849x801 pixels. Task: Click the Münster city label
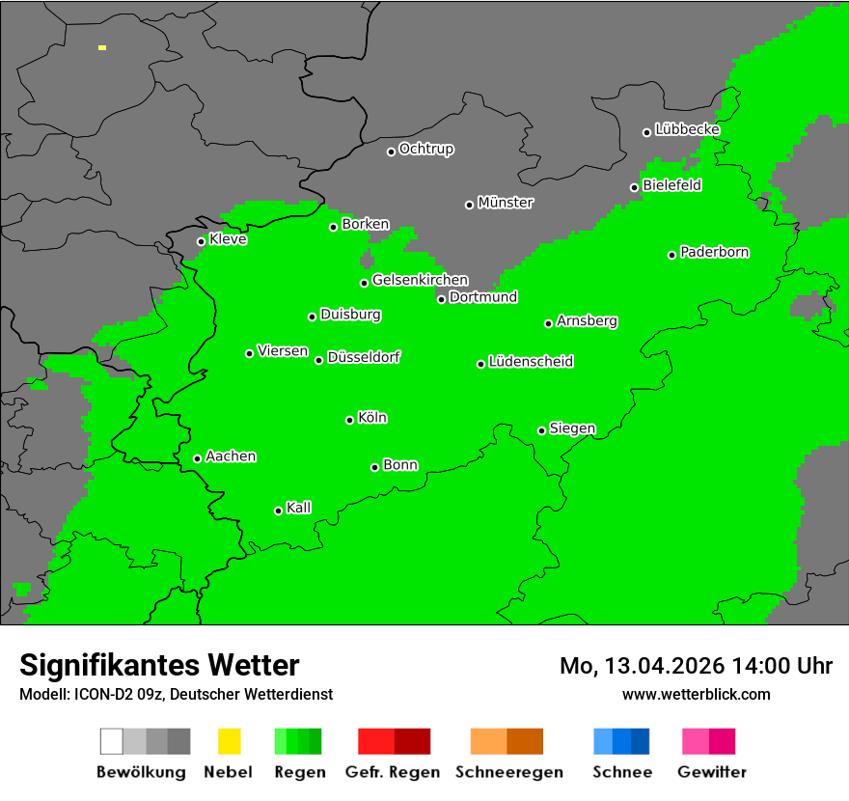click(506, 203)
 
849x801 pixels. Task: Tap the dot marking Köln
click(349, 420)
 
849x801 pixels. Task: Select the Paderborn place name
click(715, 252)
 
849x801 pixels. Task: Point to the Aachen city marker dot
click(197, 458)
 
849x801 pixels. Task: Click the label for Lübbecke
click(688, 129)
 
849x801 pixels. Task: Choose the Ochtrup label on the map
click(426, 149)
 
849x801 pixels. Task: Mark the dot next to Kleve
click(201, 241)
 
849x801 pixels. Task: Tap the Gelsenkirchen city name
click(421, 280)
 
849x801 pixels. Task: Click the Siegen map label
click(573, 428)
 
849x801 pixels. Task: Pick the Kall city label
click(299, 508)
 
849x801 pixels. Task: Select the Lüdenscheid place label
click(532, 362)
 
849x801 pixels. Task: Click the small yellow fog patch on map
click(102, 47)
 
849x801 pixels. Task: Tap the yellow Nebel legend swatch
click(229, 741)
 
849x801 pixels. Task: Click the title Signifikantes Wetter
click(159, 665)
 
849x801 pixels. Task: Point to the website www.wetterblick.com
click(697, 694)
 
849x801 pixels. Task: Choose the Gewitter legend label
click(712, 772)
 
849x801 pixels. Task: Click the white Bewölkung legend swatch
click(112, 741)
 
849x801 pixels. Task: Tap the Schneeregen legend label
click(508, 772)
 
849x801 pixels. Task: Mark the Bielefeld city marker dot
click(634, 187)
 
